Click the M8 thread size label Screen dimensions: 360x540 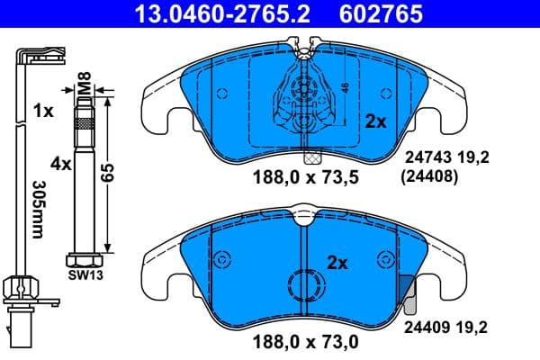tap(83, 90)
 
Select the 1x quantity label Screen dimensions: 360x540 tap(42, 112)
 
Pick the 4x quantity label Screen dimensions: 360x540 tap(61, 165)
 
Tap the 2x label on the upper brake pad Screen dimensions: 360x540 tap(374, 120)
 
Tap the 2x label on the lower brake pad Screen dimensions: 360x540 tap(337, 263)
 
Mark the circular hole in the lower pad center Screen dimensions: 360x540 tap(301, 288)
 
